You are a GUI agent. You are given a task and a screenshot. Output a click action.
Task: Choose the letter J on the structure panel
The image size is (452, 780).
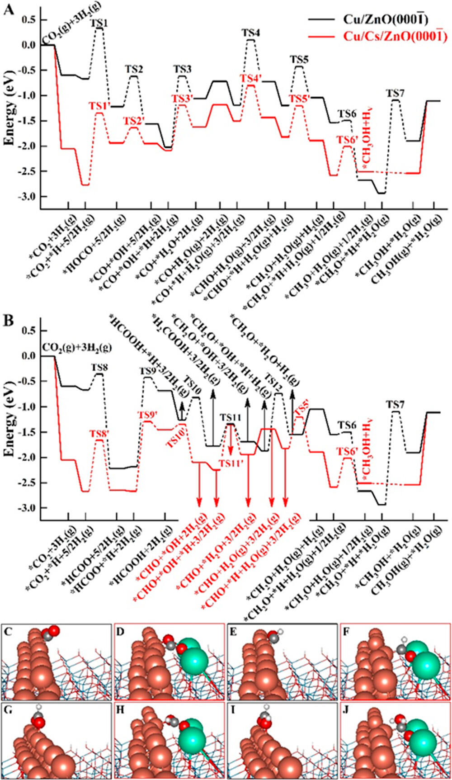click(x=347, y=709)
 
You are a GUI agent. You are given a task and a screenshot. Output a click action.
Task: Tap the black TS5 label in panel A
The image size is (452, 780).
click(x=299, y=59)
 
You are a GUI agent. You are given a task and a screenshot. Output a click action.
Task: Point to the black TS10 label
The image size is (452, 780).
click(x=193, y=380)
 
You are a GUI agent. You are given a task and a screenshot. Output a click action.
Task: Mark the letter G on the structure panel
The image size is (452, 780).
click(x=8, y=709)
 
